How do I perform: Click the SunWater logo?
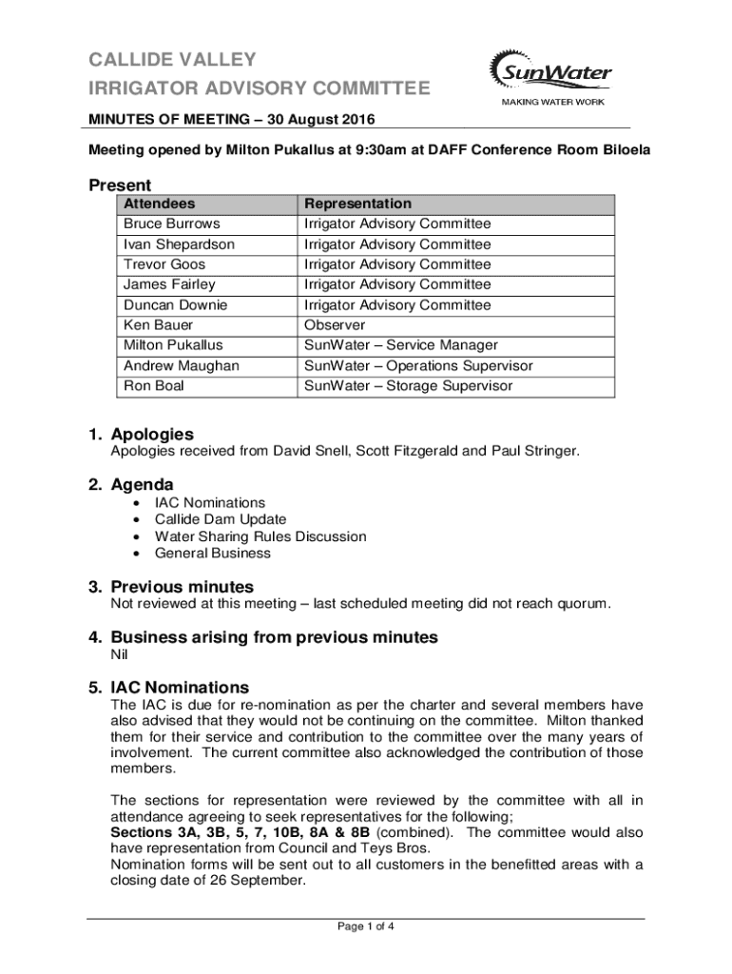coord(549,70)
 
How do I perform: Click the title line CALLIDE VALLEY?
coord(172,60)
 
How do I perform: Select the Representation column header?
coord(357,204)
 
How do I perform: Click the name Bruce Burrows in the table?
coord(171,224)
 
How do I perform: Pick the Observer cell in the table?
coord(334,325)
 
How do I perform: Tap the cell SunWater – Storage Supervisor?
coord(408,386)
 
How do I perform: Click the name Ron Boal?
coord(154,386)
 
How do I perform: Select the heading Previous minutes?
coord(182,587)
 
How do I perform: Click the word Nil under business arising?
coord(120,654)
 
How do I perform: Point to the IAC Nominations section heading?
coord(180,688)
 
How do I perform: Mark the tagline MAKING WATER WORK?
coord(552,102)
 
